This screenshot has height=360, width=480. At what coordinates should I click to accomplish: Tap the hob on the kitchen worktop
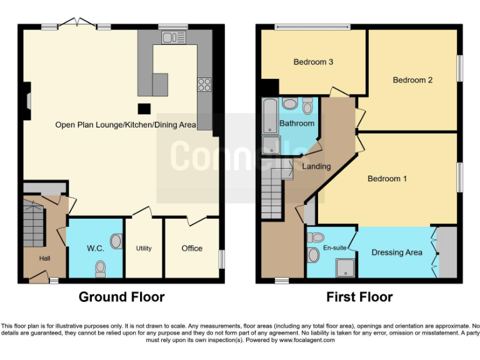tap(204, 84)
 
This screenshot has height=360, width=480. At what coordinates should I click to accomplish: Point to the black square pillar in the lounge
tap(144, 109)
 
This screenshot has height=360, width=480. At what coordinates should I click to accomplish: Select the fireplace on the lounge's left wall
tap(27, 102)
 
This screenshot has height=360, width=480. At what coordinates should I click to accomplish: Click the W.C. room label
tap(95, 248)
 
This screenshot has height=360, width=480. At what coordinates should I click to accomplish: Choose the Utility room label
tap(144, 248)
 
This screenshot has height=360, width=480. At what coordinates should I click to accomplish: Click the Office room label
tap(192, 248)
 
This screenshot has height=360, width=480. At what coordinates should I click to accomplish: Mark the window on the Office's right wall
tap(221, 259)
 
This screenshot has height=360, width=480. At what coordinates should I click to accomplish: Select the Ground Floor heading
tap(121, 297)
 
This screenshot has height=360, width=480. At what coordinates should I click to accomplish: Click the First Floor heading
tap(359, 297)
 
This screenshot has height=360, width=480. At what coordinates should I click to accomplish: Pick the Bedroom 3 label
tap(313, 62)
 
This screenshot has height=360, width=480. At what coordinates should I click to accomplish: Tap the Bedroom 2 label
tap(412, 79)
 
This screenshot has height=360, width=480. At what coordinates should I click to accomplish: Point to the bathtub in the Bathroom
tap(269, 116)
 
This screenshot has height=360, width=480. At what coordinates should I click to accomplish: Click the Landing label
tap(316, 167)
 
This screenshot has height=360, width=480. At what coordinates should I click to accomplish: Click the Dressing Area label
tap(397, 252)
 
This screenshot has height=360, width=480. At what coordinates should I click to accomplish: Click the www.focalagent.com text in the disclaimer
tap(307, 340)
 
